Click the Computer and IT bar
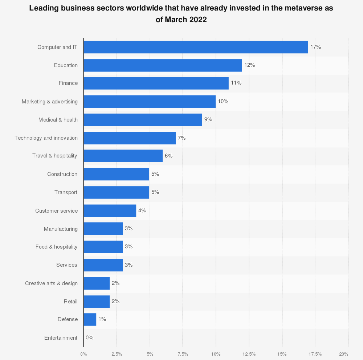[196, 47]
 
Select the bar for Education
[163, 65]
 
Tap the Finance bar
[156, 83]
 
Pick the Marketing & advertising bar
[150, 102]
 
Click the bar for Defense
[90, 319]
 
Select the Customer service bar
[110, 210]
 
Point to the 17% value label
[315, 47]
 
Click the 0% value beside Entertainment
[89, 337]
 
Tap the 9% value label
[208, 119]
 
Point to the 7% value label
[181, 138]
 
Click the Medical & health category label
[58, 120]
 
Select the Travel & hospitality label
[55, 156]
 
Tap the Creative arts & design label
[51, 283]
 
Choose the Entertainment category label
[61, 338]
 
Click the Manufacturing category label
[61, 229]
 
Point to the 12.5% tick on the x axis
[249, 354]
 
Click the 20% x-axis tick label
[344, 354]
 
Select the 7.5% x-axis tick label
[183, 354]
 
